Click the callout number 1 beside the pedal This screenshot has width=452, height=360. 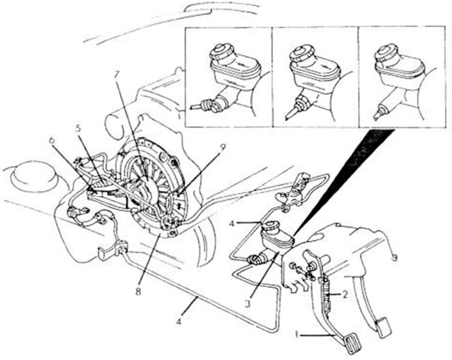pos(297,335)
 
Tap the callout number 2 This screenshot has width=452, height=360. pos(345,294)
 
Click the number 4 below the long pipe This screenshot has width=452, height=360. pos(179,321)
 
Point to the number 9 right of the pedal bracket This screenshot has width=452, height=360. pos(394,257)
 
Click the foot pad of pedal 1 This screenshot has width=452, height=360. pos(352,343)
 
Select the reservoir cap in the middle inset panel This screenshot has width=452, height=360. pos(302,53)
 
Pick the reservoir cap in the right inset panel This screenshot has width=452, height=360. pos(386,53)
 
